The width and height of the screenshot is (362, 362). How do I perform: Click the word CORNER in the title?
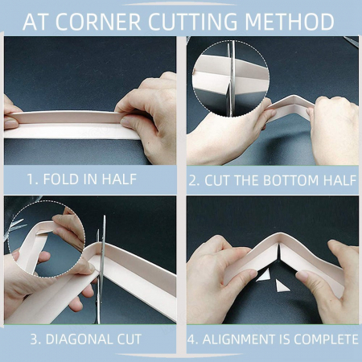(x=98, y=21)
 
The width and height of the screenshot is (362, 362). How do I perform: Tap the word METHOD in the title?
(x=290, y=21)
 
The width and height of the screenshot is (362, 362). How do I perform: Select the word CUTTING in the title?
(x=193, y=21)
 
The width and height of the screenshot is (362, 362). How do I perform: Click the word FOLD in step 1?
(x=60, y=179)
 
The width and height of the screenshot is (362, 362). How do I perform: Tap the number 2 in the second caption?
(x=192, y=180)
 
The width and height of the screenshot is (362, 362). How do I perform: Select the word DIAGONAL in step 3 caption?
(x=80, y=339)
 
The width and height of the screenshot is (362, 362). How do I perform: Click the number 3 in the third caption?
(x=34, y=339)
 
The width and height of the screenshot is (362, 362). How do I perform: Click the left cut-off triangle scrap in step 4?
(x=263, y=276)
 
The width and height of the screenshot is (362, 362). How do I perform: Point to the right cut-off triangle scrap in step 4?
(x=282, y=286)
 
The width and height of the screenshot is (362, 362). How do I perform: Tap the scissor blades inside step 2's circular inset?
(x=231, y=79)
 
